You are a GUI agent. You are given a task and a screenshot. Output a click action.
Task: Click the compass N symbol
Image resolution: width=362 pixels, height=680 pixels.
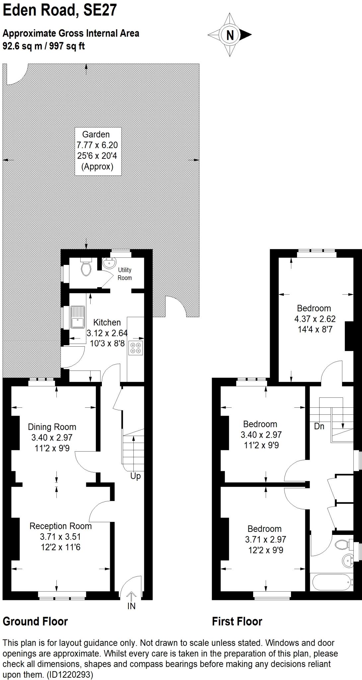(x=230, y=35)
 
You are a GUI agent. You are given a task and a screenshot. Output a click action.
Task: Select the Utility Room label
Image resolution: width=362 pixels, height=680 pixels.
(x=125, y=274)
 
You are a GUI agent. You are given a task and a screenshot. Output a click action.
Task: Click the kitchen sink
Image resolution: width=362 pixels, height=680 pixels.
(x=78, y=317)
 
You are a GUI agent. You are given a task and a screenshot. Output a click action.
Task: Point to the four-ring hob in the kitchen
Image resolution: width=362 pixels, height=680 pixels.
(x=136, y=347)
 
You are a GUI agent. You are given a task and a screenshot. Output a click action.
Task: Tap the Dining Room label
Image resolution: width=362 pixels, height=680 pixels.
(x=52, y=427)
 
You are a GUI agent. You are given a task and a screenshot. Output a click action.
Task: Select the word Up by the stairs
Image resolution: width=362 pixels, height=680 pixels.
(x=135, y=476)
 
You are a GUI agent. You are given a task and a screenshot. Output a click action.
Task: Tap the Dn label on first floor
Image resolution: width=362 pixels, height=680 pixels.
(x=319, y=426)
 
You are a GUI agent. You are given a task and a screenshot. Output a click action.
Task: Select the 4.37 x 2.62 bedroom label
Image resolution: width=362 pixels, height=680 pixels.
(x=315, y=319)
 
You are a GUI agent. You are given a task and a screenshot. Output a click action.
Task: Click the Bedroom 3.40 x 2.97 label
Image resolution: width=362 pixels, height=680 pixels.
(x=260, y=434)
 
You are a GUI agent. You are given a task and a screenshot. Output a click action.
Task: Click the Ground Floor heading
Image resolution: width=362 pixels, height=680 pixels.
(x=35, y=622)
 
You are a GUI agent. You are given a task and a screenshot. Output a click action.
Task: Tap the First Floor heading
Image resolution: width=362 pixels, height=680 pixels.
(x=237, y=622)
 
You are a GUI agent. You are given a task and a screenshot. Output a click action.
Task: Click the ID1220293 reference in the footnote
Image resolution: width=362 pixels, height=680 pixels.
(x=70, y=675)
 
